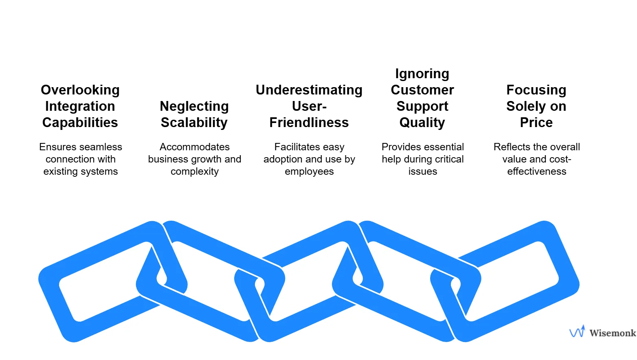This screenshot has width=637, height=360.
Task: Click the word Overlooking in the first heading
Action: click(80, 90)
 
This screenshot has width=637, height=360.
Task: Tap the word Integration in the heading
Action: click(80, 106)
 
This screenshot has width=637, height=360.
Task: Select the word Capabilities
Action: click(80, 123)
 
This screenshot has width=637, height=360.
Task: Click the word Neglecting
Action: click(194, 106)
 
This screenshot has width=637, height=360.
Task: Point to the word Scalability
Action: click(194, 123)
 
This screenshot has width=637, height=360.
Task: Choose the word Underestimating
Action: click(309, 90)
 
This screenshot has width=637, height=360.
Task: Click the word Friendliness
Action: click(309, 123)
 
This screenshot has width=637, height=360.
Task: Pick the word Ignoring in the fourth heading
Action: click(422, 74)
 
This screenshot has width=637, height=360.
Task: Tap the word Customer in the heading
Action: click(422, 90)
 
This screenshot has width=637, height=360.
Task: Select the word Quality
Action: click(422, 123)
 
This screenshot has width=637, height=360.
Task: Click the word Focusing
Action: click(536, 90)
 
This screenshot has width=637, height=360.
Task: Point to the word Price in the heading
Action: click(536, 123)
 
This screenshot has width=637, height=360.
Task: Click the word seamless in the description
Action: click(102, 147)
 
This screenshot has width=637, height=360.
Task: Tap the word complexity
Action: click(195, 171)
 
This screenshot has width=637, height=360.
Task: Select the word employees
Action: click(309, 171)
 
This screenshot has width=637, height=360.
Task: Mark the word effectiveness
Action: click(537, 171)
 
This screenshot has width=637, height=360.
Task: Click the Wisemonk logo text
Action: click(613, 333)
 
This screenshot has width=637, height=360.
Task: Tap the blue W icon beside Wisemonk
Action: click(577, 332)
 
